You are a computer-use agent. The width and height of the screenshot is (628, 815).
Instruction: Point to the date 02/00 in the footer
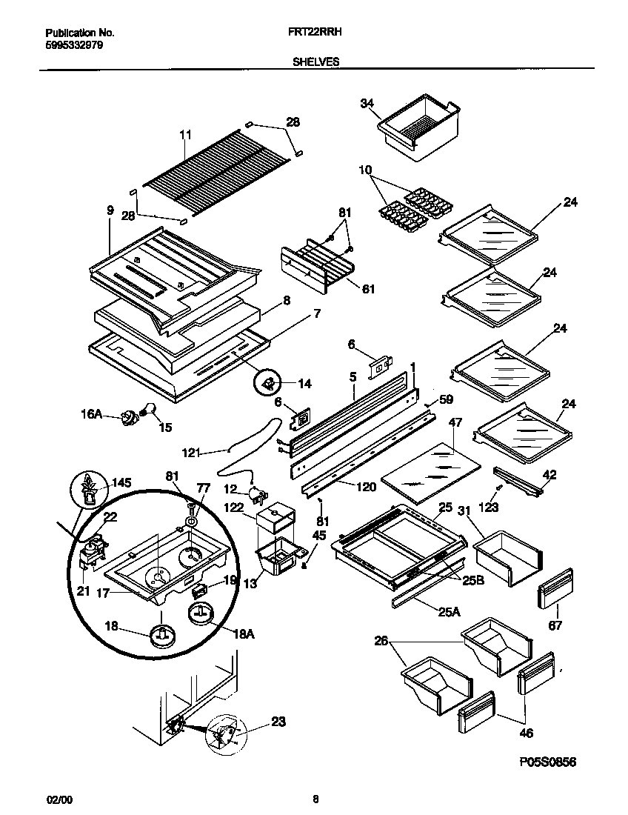(x=60, y=799)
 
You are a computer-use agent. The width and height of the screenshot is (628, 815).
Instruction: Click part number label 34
(x=367, y=104)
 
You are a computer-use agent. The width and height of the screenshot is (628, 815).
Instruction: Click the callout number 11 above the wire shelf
(x=185, y=135)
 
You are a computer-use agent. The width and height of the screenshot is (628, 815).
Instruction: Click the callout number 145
(x=120, y=483)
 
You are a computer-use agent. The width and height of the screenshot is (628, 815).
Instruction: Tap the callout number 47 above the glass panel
(x=455, y=422)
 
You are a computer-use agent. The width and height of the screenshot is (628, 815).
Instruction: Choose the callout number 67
(x=555, y=625)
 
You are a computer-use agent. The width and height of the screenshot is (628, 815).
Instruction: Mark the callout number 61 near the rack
(x=367, y=289)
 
